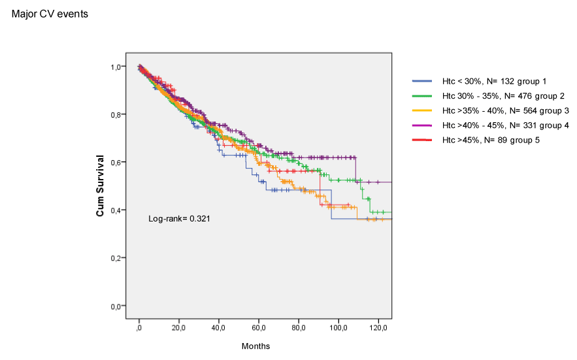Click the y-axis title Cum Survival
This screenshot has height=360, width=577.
pyautogui.click(x=101, y=186)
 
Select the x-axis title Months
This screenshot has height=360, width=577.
pyautogui.click(x=256, y=346)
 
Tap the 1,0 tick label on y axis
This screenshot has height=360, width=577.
pyautogui.click(x=117, y=67)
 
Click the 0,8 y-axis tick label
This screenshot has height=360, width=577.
pyautogui.click(x=117, y=115)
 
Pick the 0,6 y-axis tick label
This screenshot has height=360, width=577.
pyautogui.click(x=117, y=163)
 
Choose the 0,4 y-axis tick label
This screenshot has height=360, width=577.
pyautogui.click(x=117, y=210)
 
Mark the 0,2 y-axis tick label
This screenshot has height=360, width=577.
pyautogui.click(x=117, y=258)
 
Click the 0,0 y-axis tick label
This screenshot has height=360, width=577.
pyautogui.click(x=117, y=306)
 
